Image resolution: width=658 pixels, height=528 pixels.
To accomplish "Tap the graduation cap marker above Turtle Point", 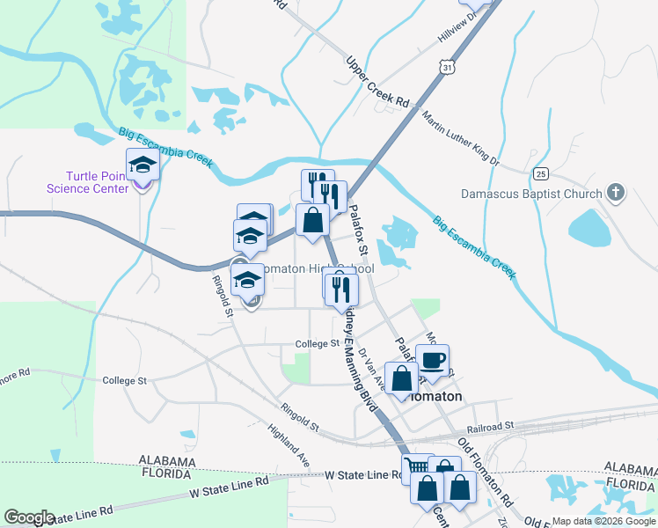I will (x=141, y=165).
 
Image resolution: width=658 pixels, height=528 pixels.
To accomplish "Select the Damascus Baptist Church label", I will (x=531, y=194).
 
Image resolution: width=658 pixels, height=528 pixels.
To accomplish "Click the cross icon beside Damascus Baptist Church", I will (x=616, y=192).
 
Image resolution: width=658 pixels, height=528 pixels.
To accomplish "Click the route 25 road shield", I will (x=541, y=173).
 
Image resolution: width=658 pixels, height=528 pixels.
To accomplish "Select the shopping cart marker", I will (x=418, y=467).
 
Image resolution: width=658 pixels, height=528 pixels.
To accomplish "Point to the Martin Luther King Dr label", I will (x=459, y=137).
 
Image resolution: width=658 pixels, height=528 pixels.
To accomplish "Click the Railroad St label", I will (x=489, y=426).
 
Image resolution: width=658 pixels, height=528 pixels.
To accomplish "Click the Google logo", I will (x=29, y=517).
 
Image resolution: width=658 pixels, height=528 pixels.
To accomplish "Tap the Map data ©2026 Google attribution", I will (x=603, y=521).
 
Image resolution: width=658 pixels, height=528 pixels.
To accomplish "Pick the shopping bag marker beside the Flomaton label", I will (x=401, y=380).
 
